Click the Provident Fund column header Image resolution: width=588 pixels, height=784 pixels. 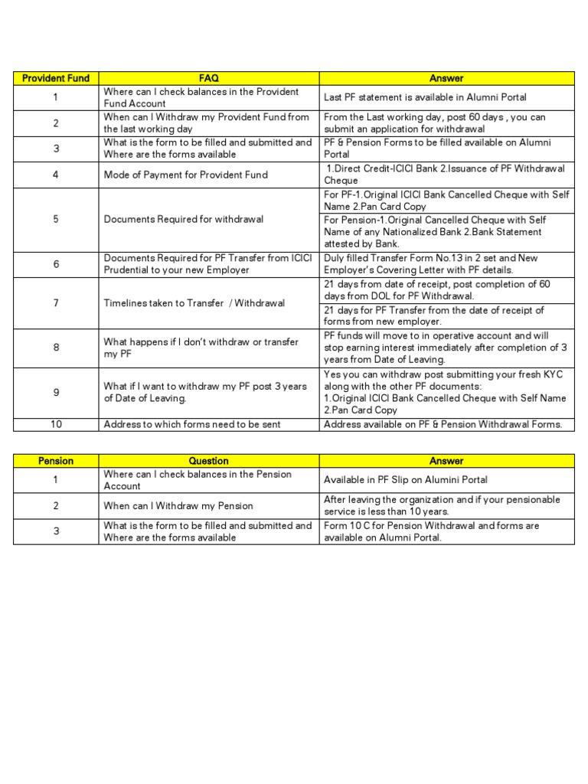56,78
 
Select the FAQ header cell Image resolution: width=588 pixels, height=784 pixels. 208,78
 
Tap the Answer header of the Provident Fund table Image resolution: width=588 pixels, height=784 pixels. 446,78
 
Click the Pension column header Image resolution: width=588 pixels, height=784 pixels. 56,461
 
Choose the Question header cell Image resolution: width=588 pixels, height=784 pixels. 208,461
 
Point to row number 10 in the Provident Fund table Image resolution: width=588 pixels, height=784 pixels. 56,424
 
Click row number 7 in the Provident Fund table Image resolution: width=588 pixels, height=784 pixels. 56,303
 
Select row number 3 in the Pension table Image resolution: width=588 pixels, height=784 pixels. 56,531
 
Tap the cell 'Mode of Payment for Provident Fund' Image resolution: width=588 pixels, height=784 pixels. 186,175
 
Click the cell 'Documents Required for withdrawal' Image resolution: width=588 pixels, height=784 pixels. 184,219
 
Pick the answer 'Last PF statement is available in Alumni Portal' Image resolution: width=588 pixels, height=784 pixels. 425,97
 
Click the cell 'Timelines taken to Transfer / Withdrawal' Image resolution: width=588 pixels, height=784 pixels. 194,303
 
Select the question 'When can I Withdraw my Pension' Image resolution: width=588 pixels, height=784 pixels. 178,506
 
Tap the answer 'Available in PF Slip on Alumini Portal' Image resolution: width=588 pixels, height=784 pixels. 406,480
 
